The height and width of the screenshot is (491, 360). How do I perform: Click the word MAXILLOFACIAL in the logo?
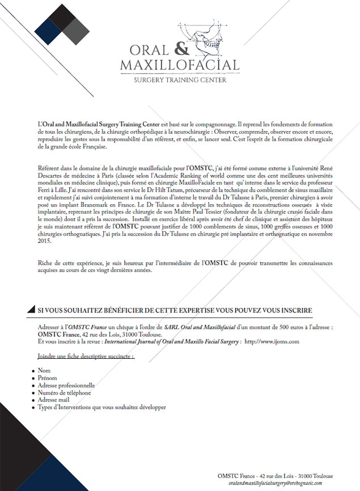[180, 65]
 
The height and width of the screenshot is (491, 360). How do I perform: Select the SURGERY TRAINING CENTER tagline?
[180, 80]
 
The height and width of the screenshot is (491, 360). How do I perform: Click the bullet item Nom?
[44, 371]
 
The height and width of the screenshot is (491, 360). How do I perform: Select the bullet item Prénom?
[48, 378]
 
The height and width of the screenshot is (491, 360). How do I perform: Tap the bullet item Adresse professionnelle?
[66, 386]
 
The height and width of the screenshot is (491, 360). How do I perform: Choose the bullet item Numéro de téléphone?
[64, 392]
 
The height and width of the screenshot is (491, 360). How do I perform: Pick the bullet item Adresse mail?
[54, 400]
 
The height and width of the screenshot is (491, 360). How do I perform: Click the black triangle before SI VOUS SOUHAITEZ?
[29, 311]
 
